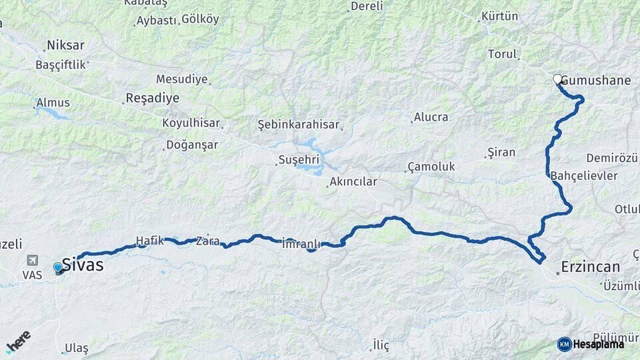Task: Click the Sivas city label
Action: pos(83,265)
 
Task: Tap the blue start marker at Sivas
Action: pos(58,268)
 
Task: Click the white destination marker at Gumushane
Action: pos(557,79)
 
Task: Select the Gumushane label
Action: pos(596,81)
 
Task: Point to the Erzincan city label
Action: pos(590,267)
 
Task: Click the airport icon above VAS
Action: pos(31,261)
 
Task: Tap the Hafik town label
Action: pos(149,241)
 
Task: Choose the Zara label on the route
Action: pos(207,241)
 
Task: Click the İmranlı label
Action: pos(302,243)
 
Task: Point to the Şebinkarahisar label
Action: pos(299,125)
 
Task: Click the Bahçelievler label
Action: pos(585,176)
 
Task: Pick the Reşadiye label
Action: pos(153,99)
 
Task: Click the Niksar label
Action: pos(65,46)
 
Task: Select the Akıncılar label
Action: pos(353,181)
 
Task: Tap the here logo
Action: pos(18,341)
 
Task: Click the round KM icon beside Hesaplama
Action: pos(564,344)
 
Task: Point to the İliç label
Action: pos(381,345)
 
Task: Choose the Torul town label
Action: pos(503,54)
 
